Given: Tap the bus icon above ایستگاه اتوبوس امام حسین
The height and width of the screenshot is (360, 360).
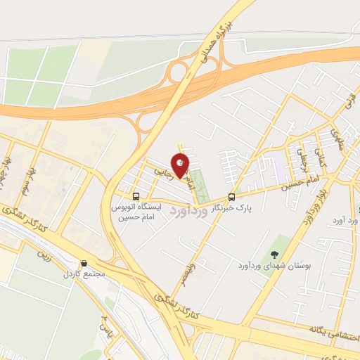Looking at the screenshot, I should click(136, 197).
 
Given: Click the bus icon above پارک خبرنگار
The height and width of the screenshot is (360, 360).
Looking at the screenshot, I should click(232, 197).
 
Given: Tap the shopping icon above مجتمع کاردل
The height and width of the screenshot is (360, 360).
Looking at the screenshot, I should click(85, 263).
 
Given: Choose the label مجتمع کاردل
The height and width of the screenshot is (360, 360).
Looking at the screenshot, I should click(85, 274).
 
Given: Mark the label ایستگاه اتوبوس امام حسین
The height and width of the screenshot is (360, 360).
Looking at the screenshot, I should click(137, 212).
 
